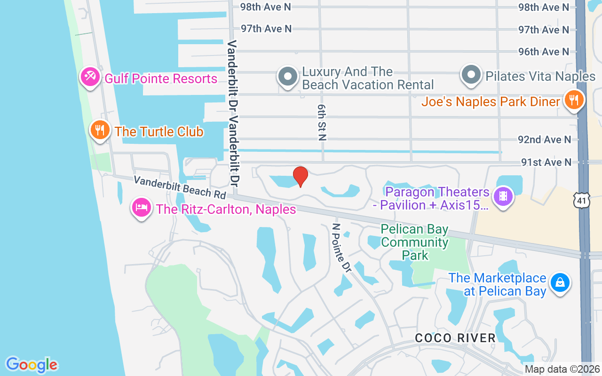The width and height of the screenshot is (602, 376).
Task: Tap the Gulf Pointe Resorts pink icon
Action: click(x=89, y=77)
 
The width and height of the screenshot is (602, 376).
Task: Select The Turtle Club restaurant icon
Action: click(x=99, y=130)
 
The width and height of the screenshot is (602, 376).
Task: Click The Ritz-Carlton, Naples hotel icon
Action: click(x=142, y=207)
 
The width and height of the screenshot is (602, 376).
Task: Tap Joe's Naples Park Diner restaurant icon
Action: click(x=574, y=100)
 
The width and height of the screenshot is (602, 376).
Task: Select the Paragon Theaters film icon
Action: click(x=504, y=196)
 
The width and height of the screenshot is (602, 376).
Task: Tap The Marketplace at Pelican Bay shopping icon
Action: click(x=560, y=282)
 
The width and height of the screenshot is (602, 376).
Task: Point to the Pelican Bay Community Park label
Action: click(x=414, y=243)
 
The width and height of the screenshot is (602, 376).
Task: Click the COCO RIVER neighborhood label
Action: click(x=455, y=338)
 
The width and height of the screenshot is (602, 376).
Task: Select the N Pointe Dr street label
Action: click(x=342, y=247)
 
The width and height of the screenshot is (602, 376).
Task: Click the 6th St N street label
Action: click(x=322, y=123)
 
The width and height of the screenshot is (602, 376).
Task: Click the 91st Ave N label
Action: click(x=546, y=162)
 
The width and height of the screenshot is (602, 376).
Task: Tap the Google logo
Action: click(x=32, y=365)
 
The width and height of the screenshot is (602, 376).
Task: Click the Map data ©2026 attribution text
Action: click(x=562, y=369)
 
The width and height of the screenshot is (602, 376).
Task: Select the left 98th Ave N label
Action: click(x=266, y=7)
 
